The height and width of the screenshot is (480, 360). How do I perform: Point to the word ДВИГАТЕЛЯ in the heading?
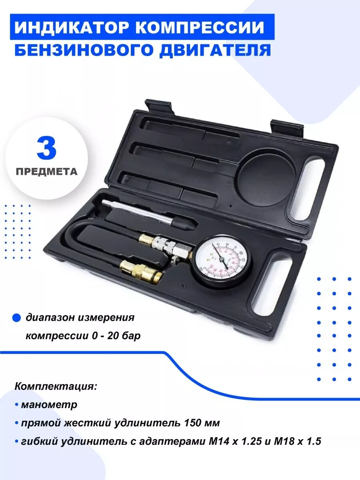click(x=216, y=51)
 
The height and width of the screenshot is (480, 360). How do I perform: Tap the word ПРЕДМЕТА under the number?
click(x=47, y=171)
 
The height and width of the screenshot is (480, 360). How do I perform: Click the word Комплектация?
click(x=56, y=387)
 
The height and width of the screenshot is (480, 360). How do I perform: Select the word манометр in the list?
click(x=49, y=404)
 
